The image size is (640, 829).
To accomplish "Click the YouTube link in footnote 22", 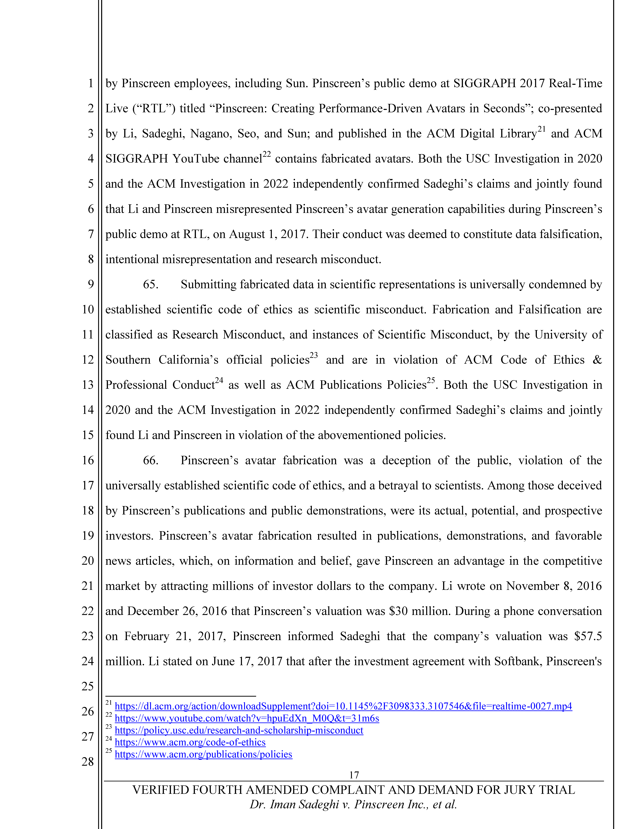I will (247, 718).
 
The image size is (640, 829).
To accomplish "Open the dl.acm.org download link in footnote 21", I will (343, 706).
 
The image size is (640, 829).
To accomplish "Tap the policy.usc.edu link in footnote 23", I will (239, 730).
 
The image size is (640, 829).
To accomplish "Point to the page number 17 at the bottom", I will (354, 775).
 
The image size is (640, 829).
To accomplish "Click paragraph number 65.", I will (150, 284).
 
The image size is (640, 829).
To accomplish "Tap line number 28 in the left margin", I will (88, 761).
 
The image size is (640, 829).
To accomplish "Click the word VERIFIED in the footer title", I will (159, 790).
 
